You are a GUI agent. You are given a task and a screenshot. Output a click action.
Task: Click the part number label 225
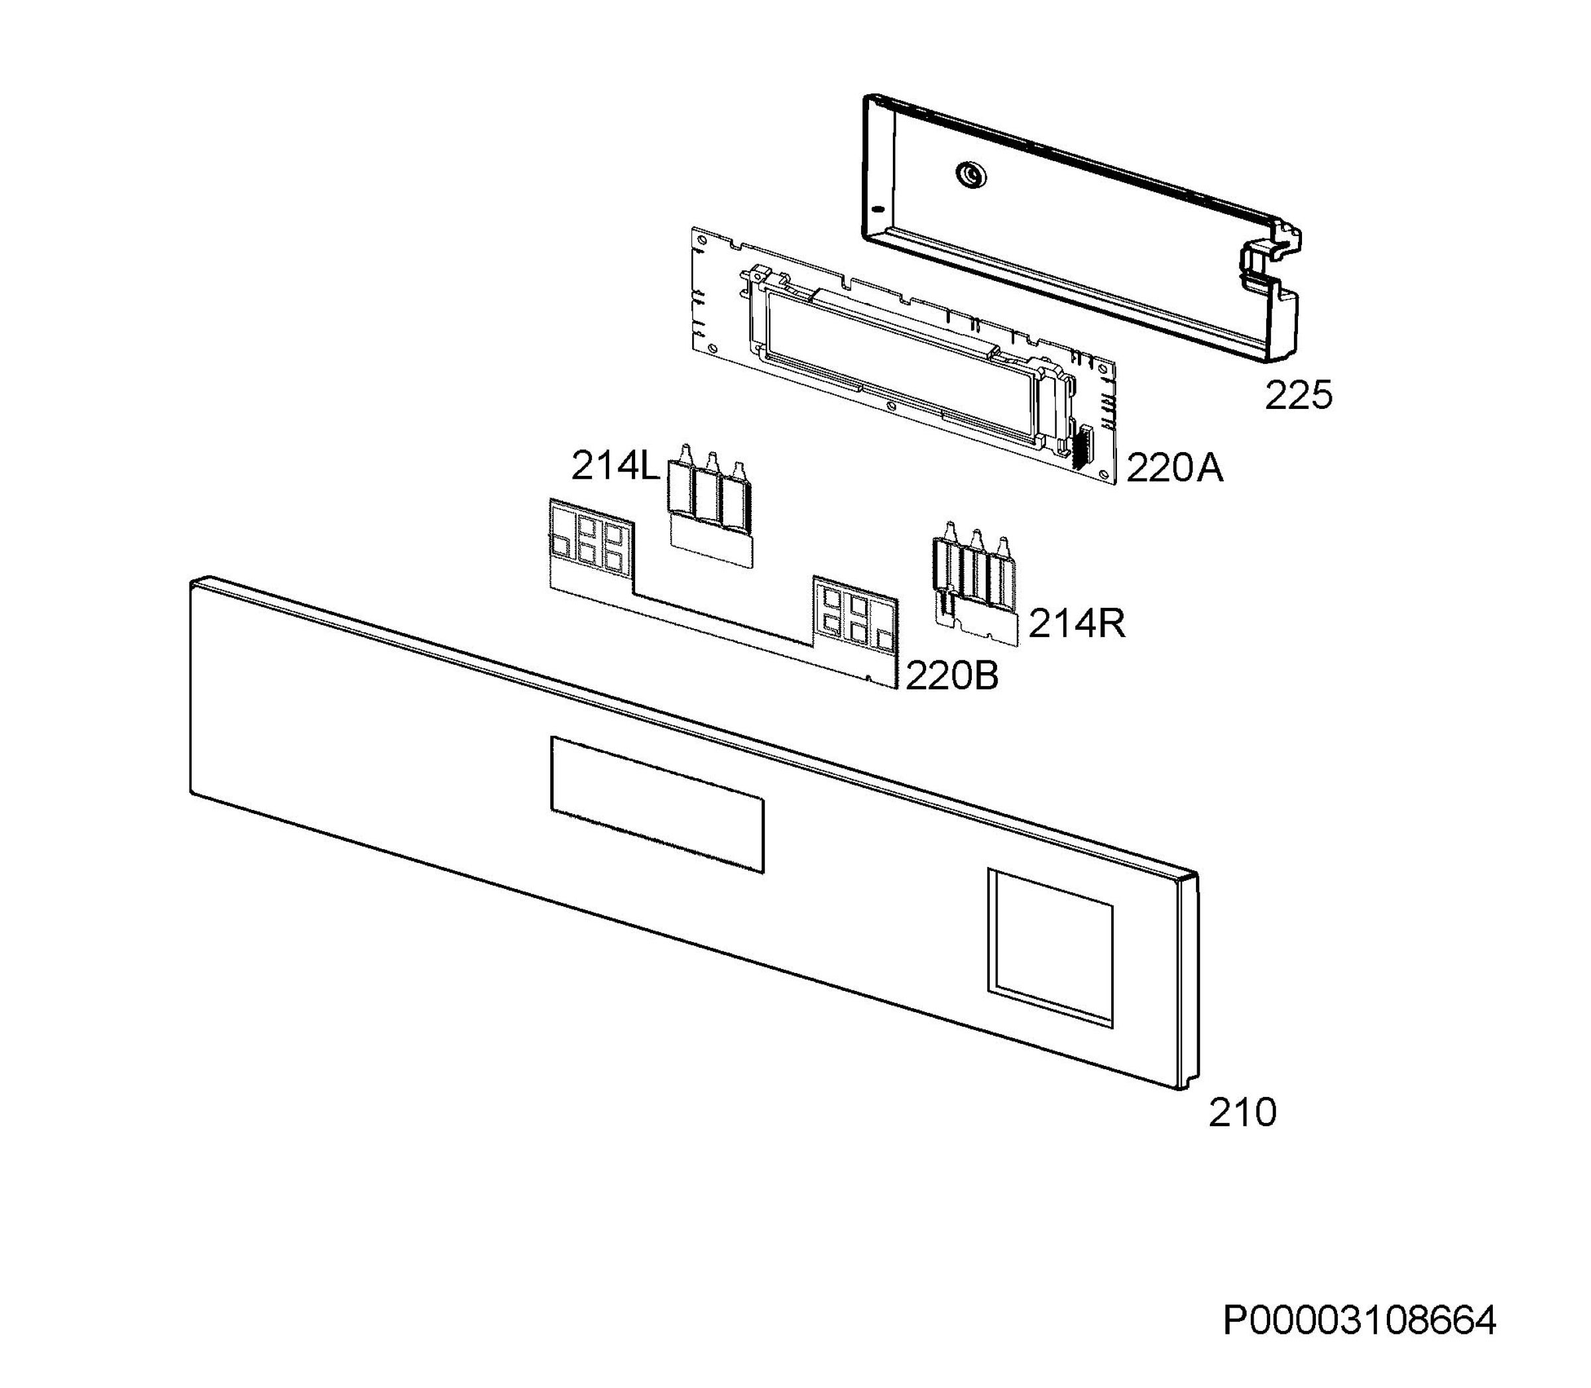[1298, 395]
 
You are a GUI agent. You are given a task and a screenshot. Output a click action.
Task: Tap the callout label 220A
[1174, 468]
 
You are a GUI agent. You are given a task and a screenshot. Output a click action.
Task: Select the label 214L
[615, 466]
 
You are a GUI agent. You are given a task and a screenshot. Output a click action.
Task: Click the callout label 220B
[952, 676]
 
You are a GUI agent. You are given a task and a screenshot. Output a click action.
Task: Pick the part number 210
[1242, 1113]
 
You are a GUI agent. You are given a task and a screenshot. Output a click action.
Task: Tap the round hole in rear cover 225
[969, 174]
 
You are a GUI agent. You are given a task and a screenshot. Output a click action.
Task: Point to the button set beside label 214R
[974, 583]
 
